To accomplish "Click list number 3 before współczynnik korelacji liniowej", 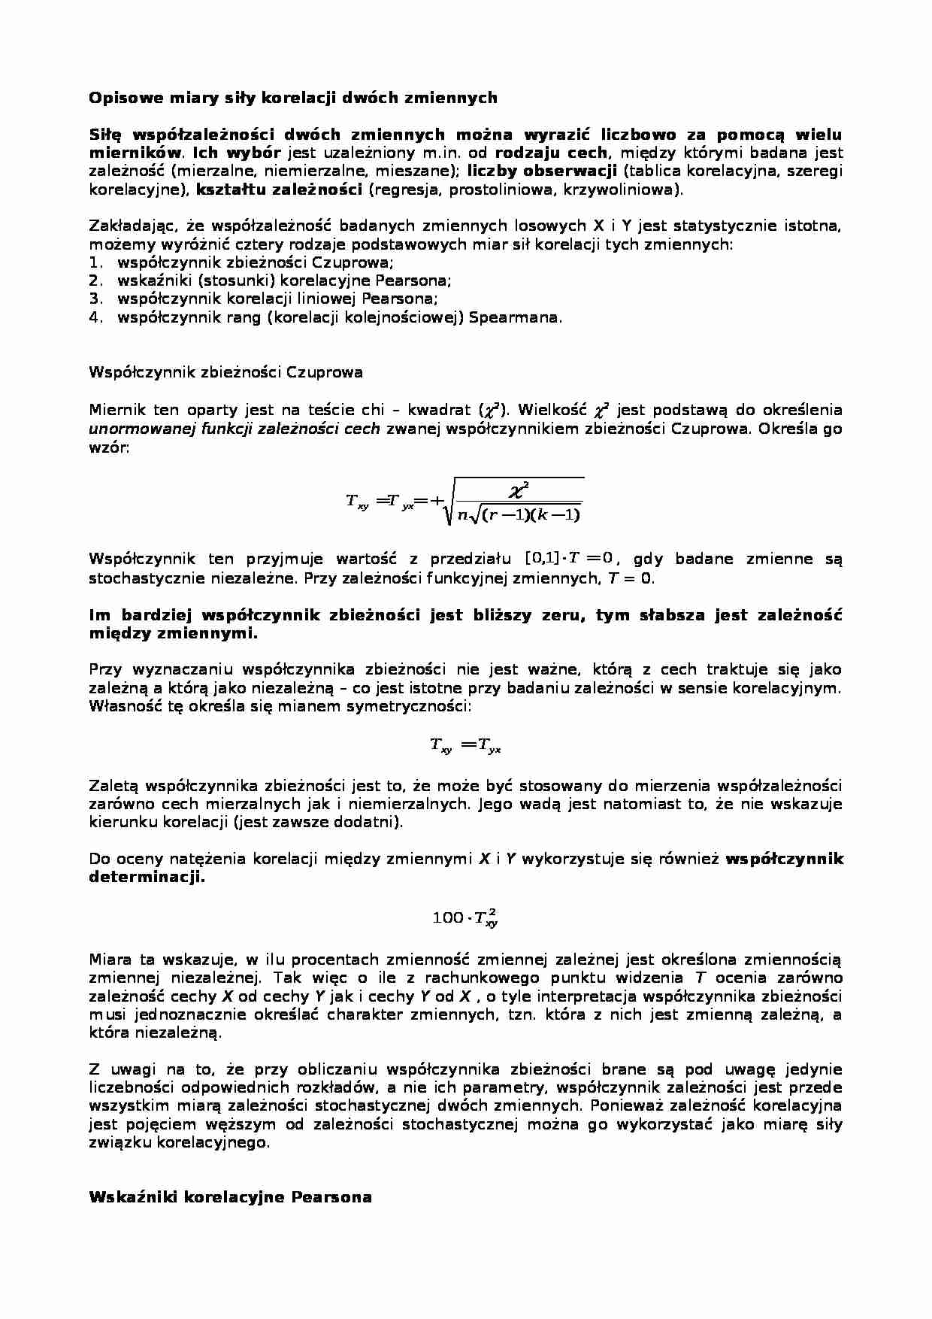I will click(95, 299).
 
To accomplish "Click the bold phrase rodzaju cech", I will click(551, 153).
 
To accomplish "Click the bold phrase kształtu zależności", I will click(280, 190).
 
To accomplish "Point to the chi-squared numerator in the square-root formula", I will click(519, 492).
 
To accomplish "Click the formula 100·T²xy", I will click(465, 917).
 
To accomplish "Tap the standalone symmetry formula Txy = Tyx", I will click(465, 745).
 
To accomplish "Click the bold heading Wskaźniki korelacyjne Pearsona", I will click(230, 1197).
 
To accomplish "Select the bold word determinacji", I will click(147, 877).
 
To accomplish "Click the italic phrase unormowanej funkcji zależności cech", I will click(235, 429).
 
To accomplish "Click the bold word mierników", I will click(135, 153).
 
